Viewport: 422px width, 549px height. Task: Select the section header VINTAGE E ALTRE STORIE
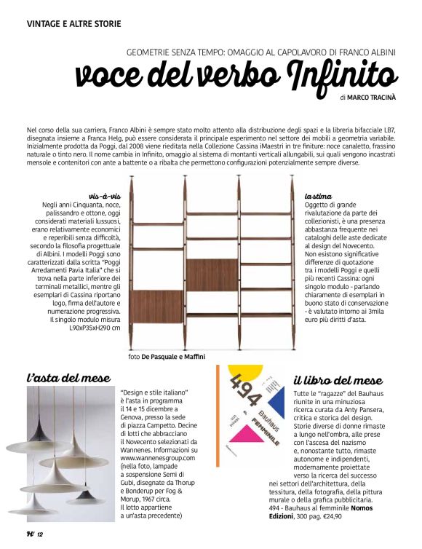pos(74,24)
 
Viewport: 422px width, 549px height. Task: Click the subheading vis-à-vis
pos(103,197)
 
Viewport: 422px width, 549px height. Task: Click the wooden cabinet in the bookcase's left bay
pos(158,306)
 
